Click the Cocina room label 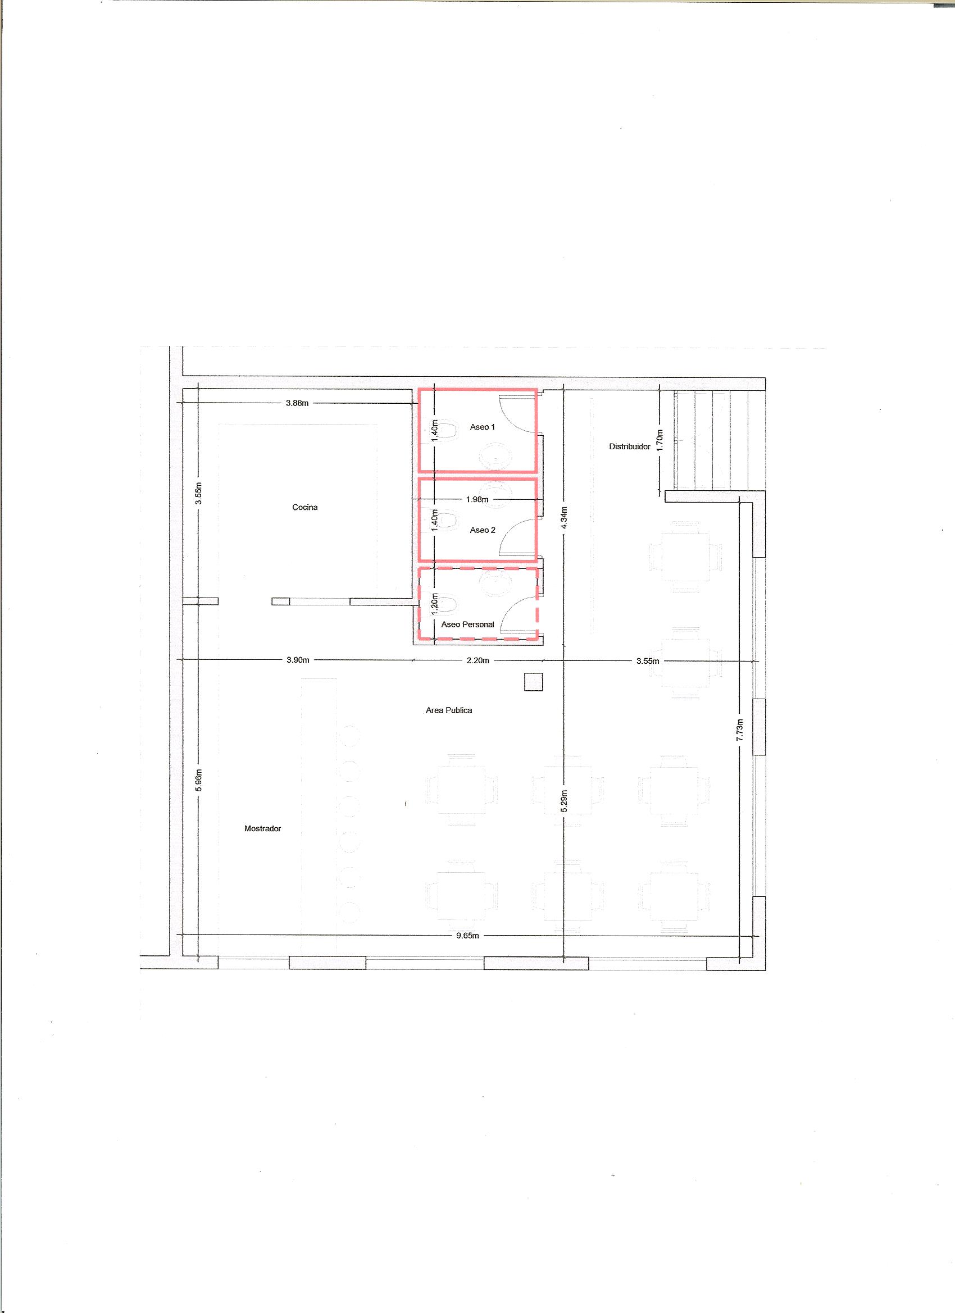(304, 507)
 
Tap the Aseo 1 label (483, 427)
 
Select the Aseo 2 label (483, 530)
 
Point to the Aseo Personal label (467, 624)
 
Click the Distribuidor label (630, 446)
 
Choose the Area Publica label (449, 710)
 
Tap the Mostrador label (262, 828)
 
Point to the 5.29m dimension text (565, 802)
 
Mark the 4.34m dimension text (565, 519)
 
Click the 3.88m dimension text (297, 403)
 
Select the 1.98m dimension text (477, 499)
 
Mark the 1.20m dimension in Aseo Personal (434, 605)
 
